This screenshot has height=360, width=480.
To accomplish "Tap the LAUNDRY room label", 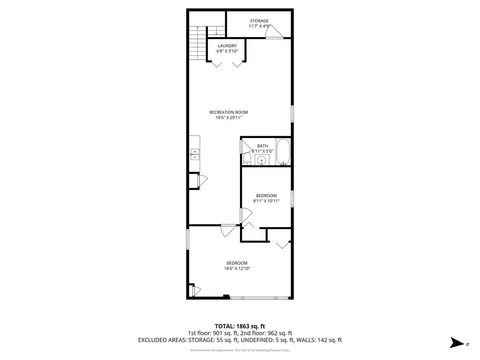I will [x=227, y=45].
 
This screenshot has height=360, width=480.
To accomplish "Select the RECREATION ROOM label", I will [x=228, y=111].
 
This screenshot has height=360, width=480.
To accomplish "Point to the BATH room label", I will [x=262, y=146].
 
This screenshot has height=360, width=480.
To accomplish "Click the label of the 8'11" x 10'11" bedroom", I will [x=266, y=195].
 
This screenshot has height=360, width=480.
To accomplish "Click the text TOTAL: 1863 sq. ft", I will [x=238, y=326].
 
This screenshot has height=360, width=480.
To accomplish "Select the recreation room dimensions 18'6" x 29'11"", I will [x=228, y=117].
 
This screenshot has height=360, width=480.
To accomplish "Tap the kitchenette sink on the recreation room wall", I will [x=194, y=155].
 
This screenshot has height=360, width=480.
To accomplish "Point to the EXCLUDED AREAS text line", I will [x=239, y=340].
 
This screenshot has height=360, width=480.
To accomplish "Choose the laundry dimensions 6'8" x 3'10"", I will [x=227, y=51].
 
